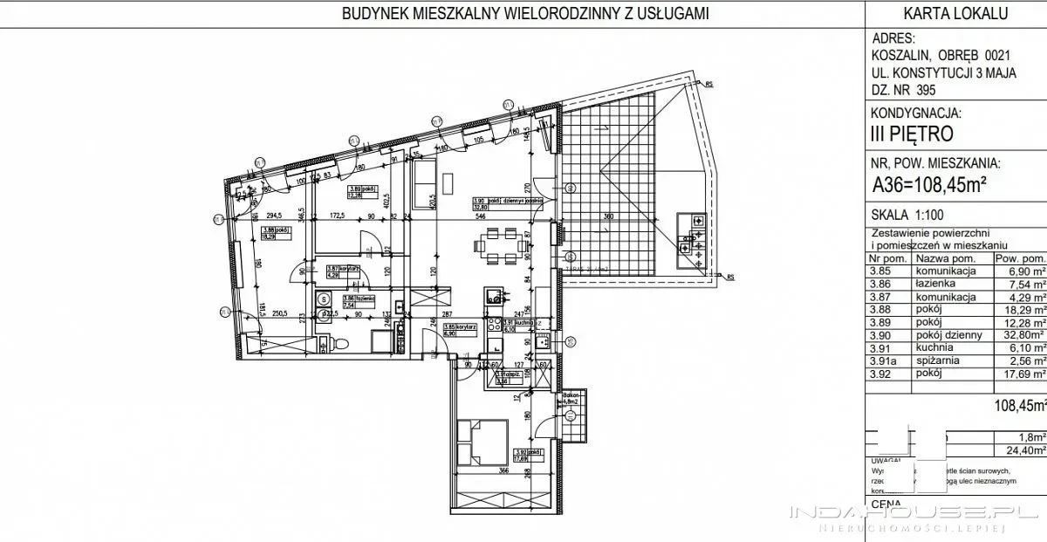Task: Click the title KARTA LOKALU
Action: (956, 13)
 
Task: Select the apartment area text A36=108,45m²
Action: (934, 184)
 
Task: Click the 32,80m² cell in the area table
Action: (1020, 334)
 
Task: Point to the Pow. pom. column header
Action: (1020, 259)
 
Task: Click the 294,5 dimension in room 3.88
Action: (277, 214)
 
